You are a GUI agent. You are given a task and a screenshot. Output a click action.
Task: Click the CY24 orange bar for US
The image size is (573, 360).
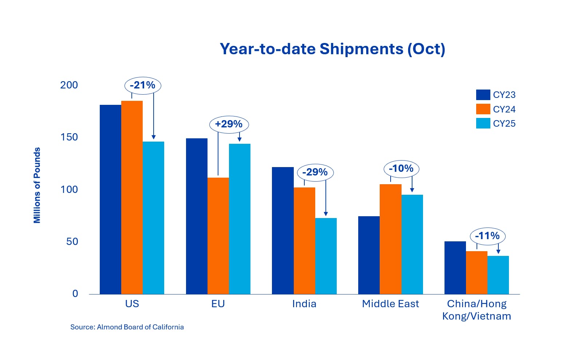tap(132, 197)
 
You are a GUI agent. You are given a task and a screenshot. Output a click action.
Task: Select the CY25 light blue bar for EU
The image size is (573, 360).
tap(240, 219)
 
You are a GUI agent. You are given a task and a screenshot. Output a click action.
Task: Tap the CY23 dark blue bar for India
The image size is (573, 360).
tap(282, 230)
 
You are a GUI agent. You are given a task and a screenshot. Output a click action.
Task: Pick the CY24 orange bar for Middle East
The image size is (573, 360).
tap(391, 239)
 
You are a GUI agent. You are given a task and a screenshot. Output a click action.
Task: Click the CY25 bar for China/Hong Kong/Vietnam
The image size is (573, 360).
tap(498, 275)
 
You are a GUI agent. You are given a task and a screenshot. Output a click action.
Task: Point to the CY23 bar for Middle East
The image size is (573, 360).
tap(369, 255)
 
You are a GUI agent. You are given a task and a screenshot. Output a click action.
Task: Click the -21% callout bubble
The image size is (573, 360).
tap(143, 86)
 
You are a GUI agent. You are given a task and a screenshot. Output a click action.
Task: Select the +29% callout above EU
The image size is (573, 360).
tap(229, 124)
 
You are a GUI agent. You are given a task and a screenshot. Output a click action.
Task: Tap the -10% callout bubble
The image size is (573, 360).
tap(402, 169)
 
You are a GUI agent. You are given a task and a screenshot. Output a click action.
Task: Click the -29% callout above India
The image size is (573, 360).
tap(315, 173)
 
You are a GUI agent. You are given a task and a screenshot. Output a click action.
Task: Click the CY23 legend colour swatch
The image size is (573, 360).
tap(483, 95)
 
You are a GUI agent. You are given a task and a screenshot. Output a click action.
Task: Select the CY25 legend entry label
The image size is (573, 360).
tap(504, 124)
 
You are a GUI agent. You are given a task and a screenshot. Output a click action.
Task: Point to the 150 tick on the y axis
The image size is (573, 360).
tap(69, 137)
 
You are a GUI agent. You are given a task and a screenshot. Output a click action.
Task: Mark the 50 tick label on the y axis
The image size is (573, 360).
tap(72, 242)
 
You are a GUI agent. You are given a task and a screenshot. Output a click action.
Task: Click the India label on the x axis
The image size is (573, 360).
tap(304, 304)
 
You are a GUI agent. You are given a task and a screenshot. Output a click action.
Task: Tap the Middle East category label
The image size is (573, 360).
tap(390, 304)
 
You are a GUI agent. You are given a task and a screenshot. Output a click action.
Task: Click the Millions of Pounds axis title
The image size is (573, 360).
tap(37, 185)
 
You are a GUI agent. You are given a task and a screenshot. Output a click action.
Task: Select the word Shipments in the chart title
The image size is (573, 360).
tap(361, 49)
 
